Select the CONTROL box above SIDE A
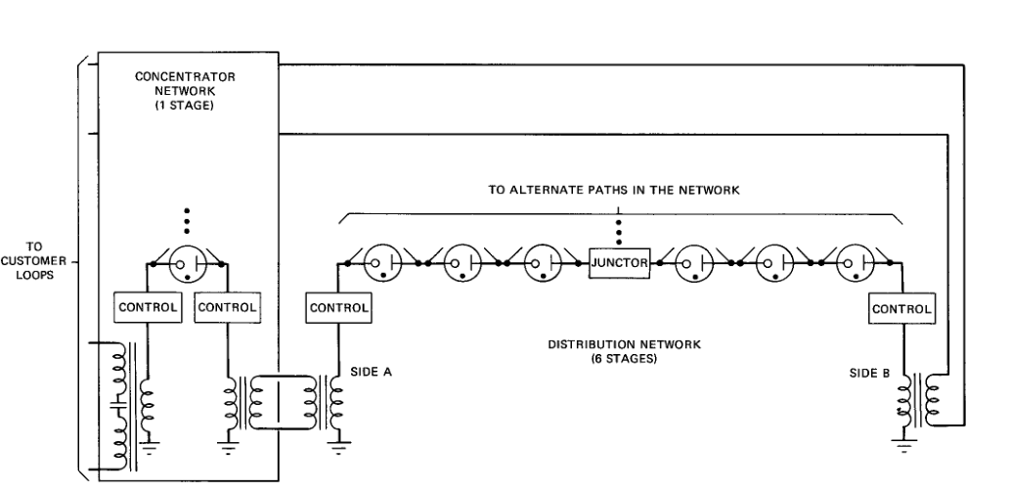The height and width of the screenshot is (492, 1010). (339, 307)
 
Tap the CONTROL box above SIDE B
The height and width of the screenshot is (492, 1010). (901, 307)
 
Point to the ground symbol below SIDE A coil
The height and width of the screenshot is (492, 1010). (339, 450)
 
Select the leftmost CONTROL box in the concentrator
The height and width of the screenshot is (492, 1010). (148, 307)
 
